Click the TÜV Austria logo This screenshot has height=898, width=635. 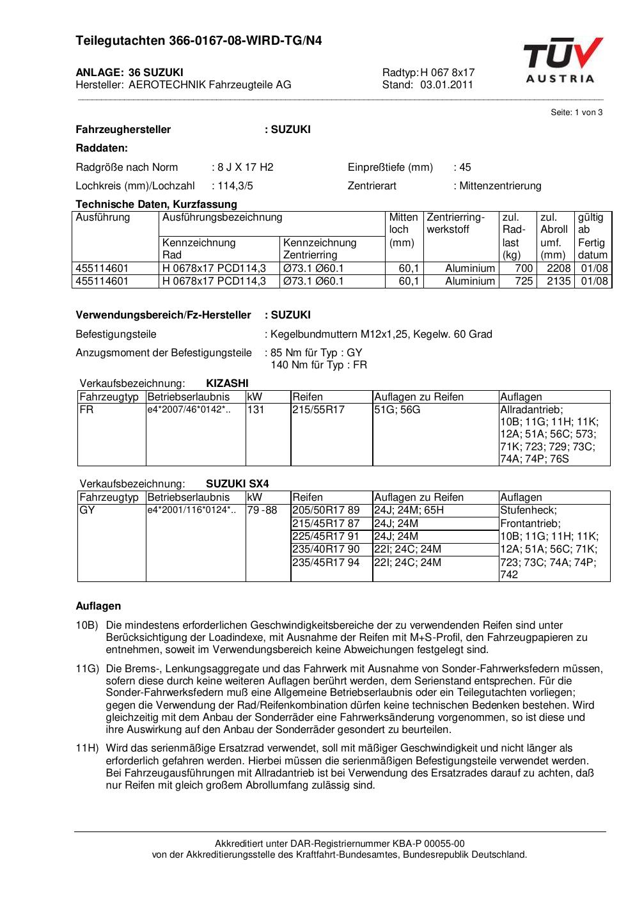pyautogui.click(x=562, y=60)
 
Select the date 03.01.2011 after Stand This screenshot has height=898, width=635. pyautogui.click(x=446, y=84)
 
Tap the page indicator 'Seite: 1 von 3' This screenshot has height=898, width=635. pyautogui.click(x=576, y=113)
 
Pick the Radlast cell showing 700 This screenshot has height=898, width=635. pyautogui.click(x=524, y=268)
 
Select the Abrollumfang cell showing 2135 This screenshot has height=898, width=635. pyautogui.click(x=558, y=281)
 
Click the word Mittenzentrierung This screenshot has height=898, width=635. pyautogui.click(x=500, y=186)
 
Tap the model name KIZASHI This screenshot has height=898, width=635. pyautogui.click(x=227, y=383)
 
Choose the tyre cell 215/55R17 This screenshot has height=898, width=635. pyautogui.click(x=318, y=409)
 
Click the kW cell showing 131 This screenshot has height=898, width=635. pyautogui.click(x=256, y=409)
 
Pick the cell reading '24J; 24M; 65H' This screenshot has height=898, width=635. pyautogui.click(x=409, y=510)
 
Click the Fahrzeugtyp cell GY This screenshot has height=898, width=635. pyautogui.click(x=87, y=510)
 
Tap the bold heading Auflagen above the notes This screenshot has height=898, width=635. pyautogui.click(x=98, y=606)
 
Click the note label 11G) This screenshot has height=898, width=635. pyautogui.click(x=88, y=668)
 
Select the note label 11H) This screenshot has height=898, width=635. pyautogui.click(x=88, y=748)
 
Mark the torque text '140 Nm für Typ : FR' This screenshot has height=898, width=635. pyautogui.click(x=319, y=365)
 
